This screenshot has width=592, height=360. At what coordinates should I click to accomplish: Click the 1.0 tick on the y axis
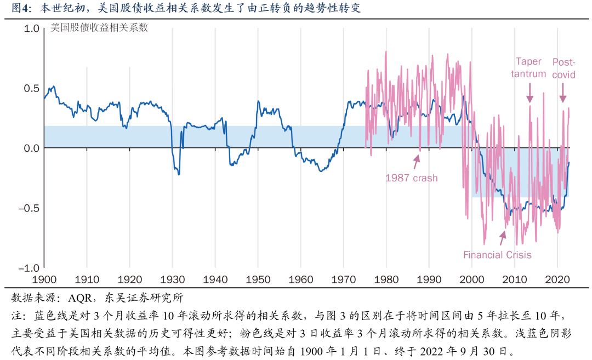30,28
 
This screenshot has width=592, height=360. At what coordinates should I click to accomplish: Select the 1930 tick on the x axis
172,278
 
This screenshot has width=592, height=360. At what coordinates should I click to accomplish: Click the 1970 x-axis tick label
344,278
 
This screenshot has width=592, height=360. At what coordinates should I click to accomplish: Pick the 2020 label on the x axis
557,278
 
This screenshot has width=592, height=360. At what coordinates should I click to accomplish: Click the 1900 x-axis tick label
44,278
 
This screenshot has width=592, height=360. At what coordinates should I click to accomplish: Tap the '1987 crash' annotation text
411,178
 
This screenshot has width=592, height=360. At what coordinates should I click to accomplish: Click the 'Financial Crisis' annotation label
497,255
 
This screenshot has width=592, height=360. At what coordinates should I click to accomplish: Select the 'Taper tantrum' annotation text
528,68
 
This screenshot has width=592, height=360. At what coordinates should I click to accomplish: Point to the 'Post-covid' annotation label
563,68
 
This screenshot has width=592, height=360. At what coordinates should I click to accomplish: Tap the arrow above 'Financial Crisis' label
502,237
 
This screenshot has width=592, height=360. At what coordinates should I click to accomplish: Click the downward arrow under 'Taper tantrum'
530,95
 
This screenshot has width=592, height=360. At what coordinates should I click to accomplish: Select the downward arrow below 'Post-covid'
562,95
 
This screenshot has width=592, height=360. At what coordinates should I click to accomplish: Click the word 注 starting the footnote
16,317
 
